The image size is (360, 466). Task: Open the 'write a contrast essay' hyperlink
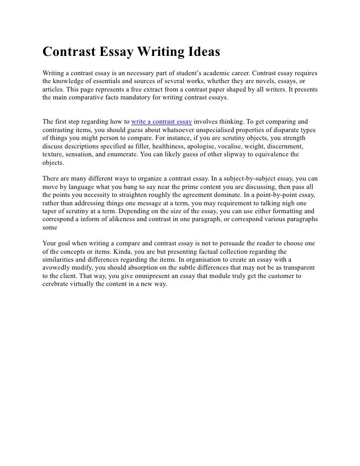point(162,121)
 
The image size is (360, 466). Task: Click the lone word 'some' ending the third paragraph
point(50,229)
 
